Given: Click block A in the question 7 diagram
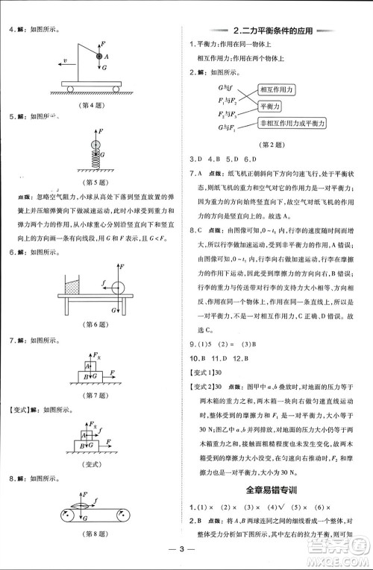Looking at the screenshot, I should [88, 366].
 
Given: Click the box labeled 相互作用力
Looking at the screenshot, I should [276, 89].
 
